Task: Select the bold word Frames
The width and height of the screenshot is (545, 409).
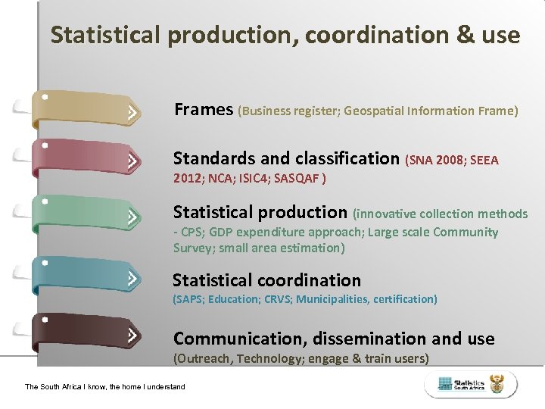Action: tap(204, 110)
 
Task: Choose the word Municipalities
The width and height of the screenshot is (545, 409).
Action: tap(332, 299)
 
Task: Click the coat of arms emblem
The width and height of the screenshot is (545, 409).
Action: tap(497, 385)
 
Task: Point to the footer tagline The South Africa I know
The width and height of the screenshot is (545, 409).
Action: tap(104, 387)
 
